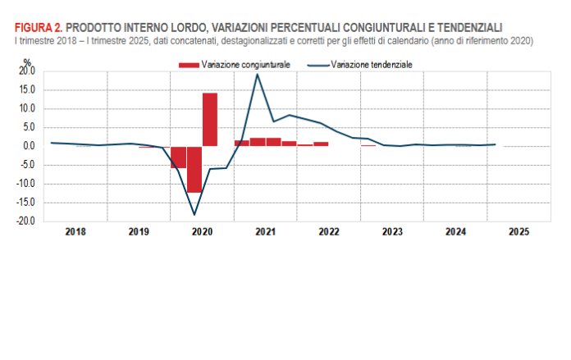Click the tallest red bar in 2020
point(210,120)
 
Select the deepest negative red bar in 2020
point(194,169)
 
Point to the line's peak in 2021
point(258,75)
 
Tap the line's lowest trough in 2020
point(194,215)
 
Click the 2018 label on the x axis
point(75,233)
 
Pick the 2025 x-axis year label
point(518,233)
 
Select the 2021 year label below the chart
point(265,233)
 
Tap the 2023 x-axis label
point(392,233)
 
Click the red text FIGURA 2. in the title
point(38,28)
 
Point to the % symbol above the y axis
point(27,62)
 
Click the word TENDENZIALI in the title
point(459,28)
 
